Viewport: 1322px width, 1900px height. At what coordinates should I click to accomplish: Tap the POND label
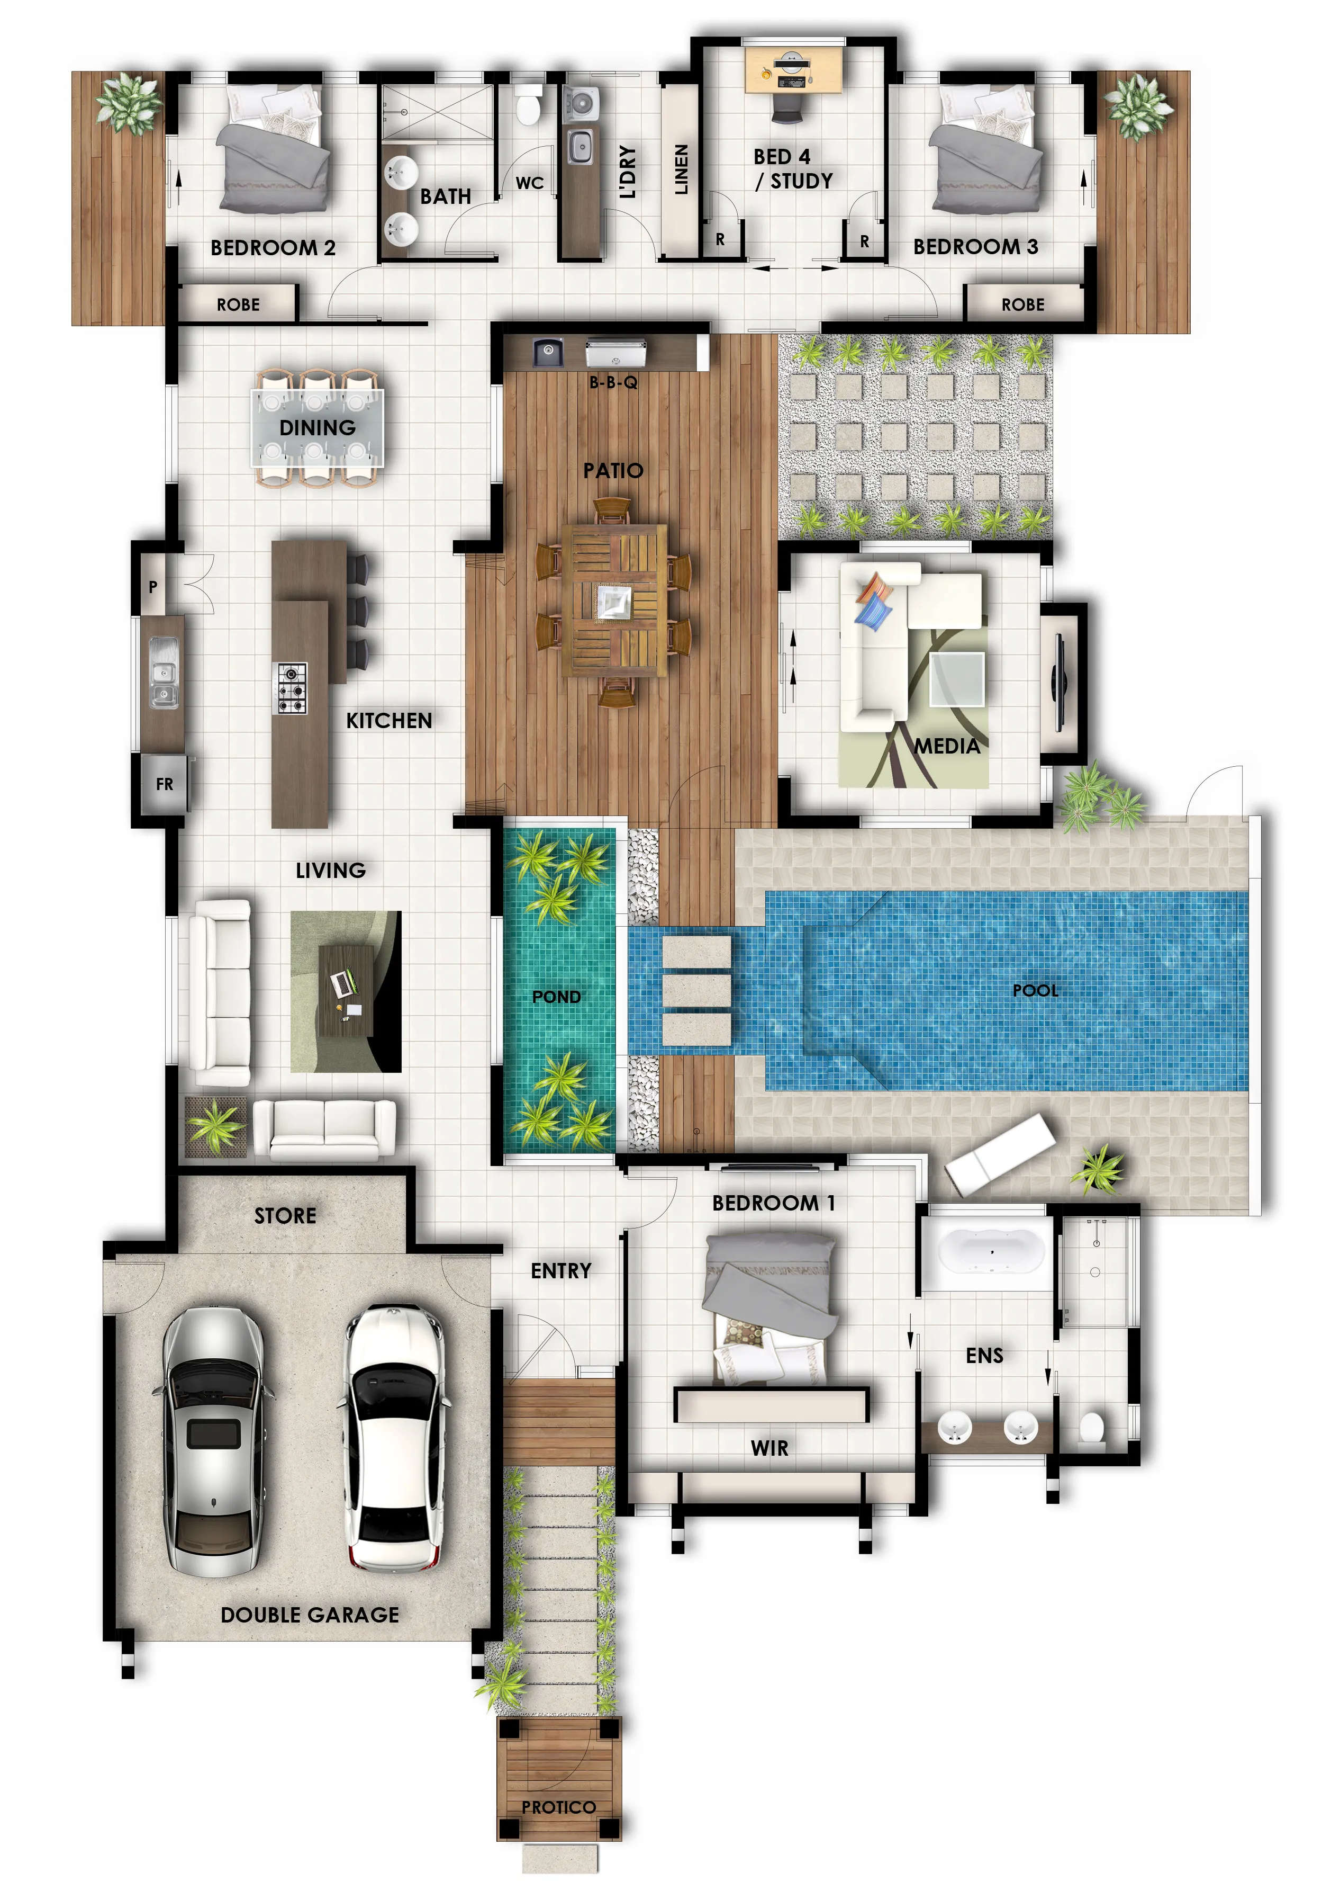point(556,997)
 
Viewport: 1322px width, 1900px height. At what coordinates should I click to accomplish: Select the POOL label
point(1035,990)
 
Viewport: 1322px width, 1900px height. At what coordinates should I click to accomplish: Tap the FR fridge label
point(164,783)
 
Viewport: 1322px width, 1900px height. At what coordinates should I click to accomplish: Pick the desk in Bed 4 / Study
point(793,71)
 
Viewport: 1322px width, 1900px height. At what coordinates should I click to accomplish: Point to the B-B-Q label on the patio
point(612,382)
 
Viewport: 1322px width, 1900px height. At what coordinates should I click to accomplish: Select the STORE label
point(285,1216)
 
